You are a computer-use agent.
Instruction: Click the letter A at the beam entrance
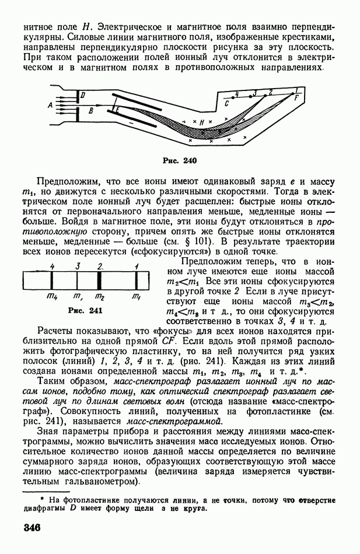click(50, 104)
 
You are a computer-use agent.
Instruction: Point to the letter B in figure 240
click(90, 110)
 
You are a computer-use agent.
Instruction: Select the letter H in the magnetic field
click(201, 122)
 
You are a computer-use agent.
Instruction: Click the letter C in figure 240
click(226, 103)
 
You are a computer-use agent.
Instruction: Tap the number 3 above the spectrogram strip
click(77, 266)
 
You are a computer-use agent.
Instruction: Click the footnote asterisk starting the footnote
click(41, 500)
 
